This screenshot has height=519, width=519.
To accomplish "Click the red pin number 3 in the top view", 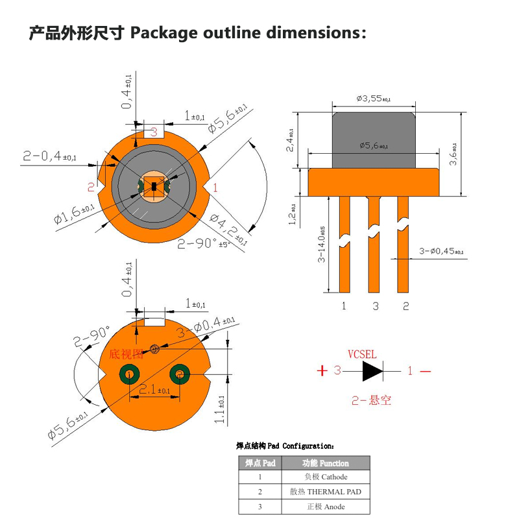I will pos(154,132).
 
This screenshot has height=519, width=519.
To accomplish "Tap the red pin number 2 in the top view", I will pos(91,187).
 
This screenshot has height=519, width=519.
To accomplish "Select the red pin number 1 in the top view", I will pos(215,187).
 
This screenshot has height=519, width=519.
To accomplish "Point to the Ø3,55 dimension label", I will pos(373,99).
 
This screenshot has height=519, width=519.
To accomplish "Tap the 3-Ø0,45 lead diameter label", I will pos(442,251).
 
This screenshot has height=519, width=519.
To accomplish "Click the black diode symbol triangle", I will pos(373,371).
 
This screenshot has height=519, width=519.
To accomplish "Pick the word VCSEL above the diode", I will pos(362,354).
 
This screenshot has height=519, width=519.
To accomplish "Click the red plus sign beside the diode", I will pos(321,371).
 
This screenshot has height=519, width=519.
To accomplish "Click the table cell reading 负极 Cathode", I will pos(326,477).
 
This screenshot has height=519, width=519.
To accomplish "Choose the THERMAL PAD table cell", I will pos(326,492).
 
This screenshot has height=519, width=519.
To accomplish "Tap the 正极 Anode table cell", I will pos(326,507).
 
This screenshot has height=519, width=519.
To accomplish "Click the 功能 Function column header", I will pos(326,463).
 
